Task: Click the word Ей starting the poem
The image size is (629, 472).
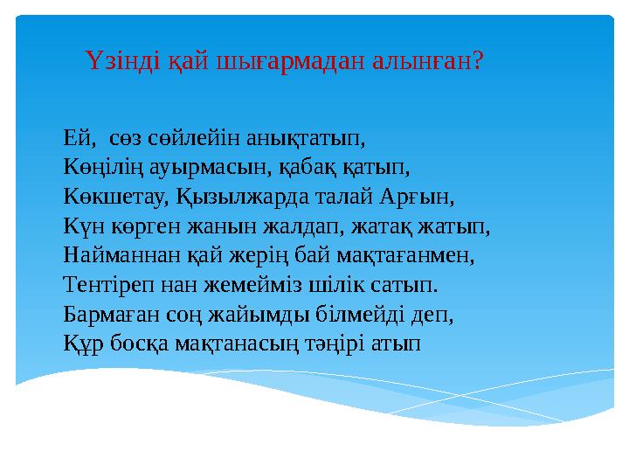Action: tap(76, 136)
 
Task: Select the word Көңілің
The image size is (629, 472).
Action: tap(102, 166)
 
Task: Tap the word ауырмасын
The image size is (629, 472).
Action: tap(198, 166)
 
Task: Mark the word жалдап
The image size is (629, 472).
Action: tap(308, 226)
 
